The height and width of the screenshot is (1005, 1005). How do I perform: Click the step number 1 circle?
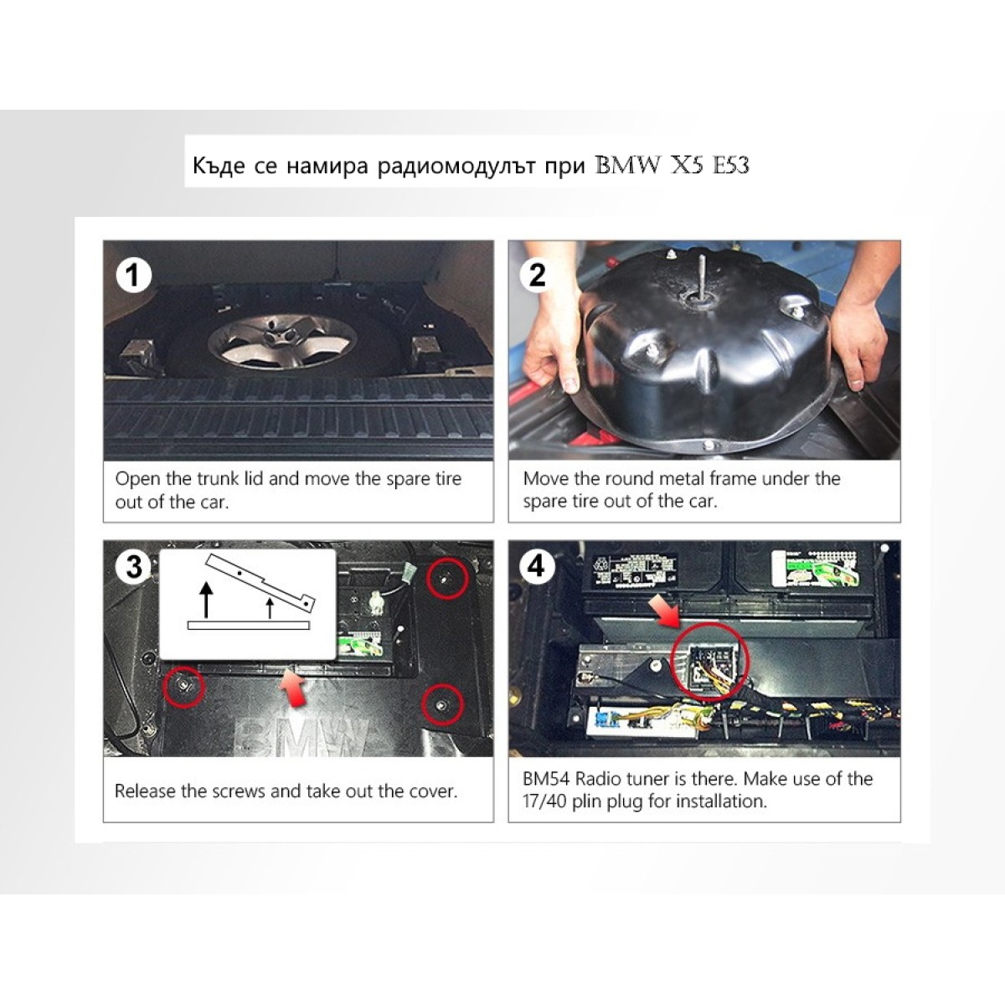[x=133, y=276]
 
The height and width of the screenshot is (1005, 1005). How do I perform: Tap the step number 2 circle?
[x=537, y=275]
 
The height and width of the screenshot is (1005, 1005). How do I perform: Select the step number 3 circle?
[x=134, y=567]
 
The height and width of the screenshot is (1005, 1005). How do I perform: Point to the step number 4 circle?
[x=537, y=565]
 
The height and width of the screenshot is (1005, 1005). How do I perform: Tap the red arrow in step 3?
[x=294, y=688]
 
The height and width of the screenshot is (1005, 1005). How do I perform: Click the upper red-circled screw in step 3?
[x=447, y=579]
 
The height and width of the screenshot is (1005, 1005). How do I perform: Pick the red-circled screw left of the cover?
[x=183, y=687]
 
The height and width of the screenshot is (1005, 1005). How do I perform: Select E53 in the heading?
[x=730, y=166]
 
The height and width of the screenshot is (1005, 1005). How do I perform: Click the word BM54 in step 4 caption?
[x=546, y=779]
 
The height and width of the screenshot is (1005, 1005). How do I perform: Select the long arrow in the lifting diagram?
[x=207, y=600]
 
